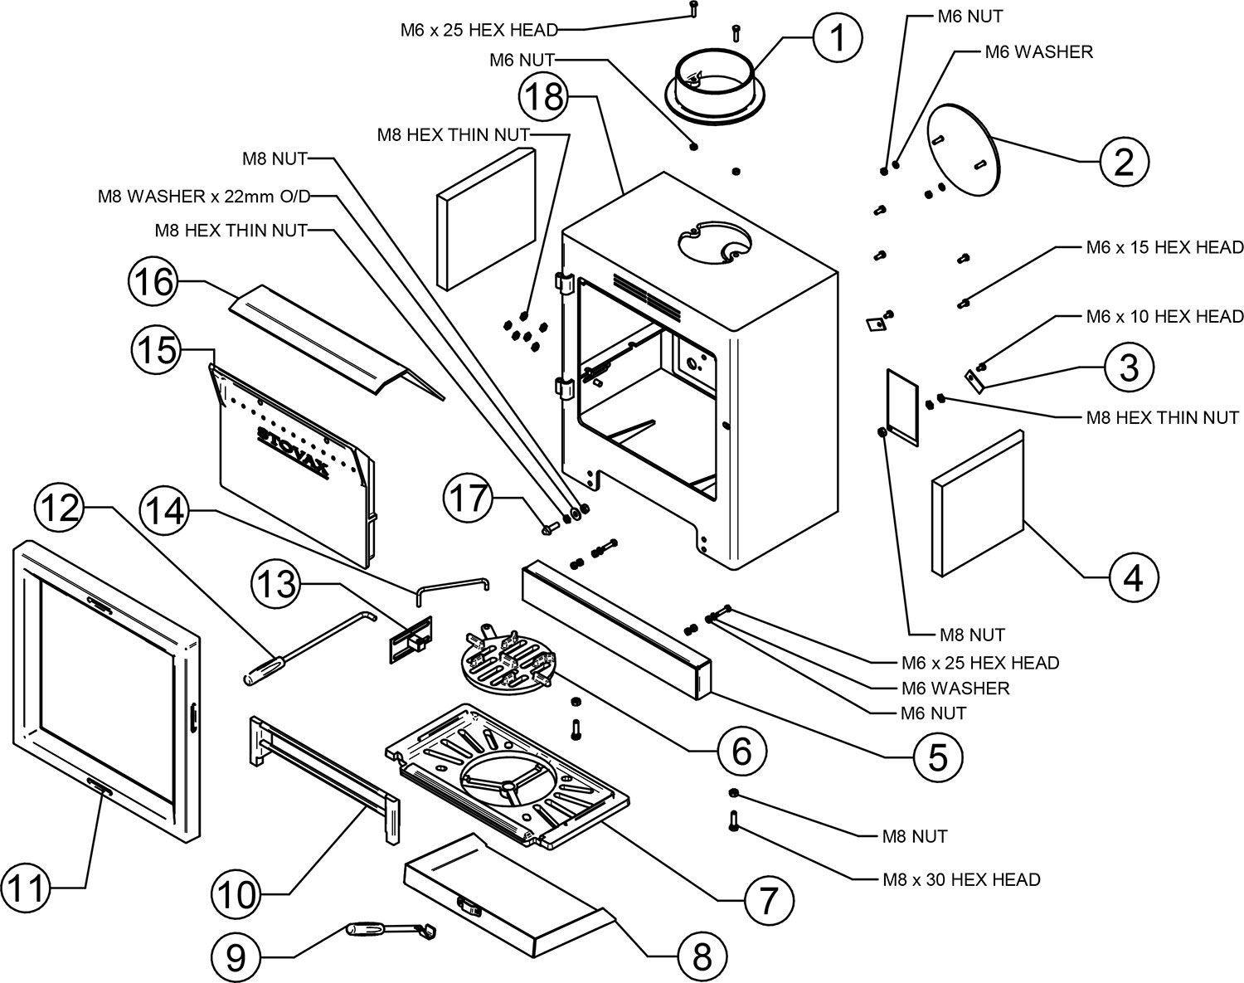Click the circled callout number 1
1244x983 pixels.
(x=838, y=39)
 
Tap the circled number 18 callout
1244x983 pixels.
(x=544, y=98)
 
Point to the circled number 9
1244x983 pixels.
(x=236, y=958)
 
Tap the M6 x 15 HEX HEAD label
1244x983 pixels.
(x=1164, y=247)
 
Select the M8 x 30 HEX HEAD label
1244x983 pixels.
(x=961, y=878)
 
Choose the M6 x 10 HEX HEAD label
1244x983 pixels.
(x=1164, y=316)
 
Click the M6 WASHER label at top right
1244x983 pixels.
(x=1038, y=52)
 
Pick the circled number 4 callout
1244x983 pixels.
(x=1132, y=576)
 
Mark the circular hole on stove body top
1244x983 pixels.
(x=716, y=242)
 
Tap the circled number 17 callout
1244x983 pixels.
(x=469, y=500)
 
